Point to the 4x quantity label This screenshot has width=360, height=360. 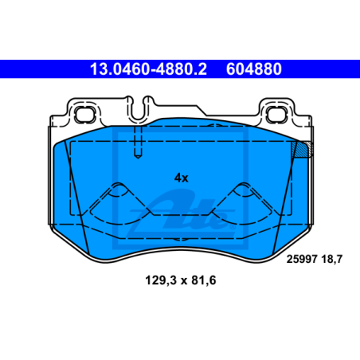pyautogui.click(x=181, y=177)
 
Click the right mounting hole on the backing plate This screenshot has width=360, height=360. pyautogui.click(x=279, y=113)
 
